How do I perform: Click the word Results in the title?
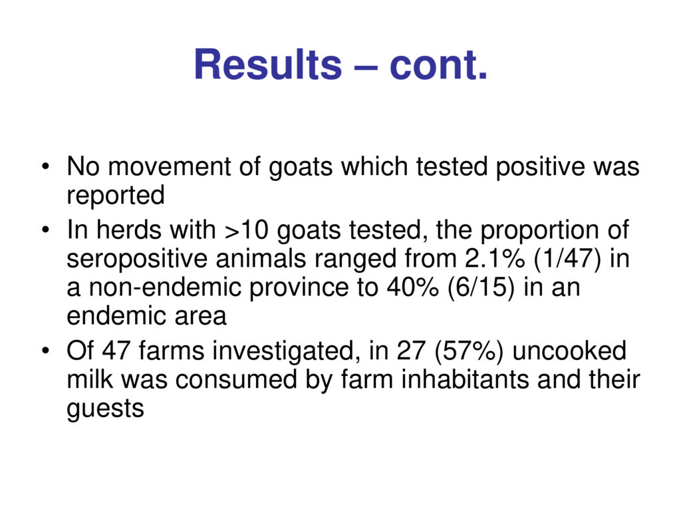coord(268,65)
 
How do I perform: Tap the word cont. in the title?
coord(439,65)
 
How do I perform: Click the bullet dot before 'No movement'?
coord(45,166)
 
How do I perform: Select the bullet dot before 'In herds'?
coord(45,230)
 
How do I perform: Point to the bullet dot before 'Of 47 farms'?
coord(45,351)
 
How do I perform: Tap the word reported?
coord(116,196)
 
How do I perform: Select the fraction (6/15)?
coord(481,289)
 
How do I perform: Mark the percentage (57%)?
coord(469,351)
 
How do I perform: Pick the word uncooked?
coord(569,351)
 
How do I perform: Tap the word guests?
coord(105,409)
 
